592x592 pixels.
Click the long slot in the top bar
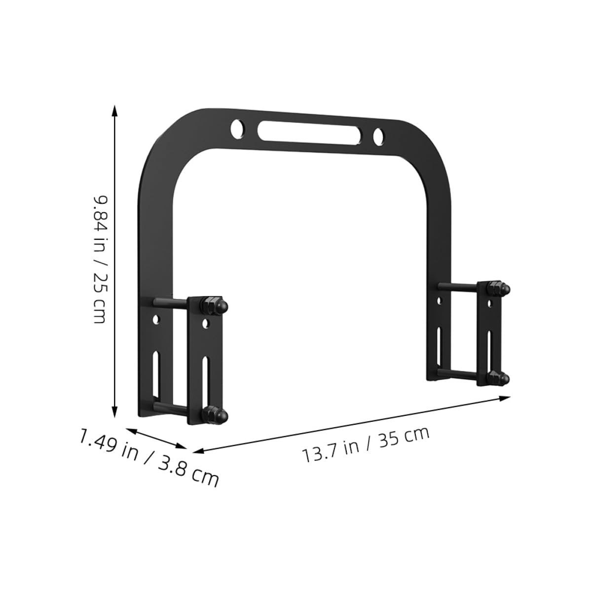pos(309,132)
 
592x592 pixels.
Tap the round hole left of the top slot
pos(238,128)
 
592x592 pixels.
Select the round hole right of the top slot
pos(378,136)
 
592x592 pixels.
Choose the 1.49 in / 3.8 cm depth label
pos(149,458)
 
